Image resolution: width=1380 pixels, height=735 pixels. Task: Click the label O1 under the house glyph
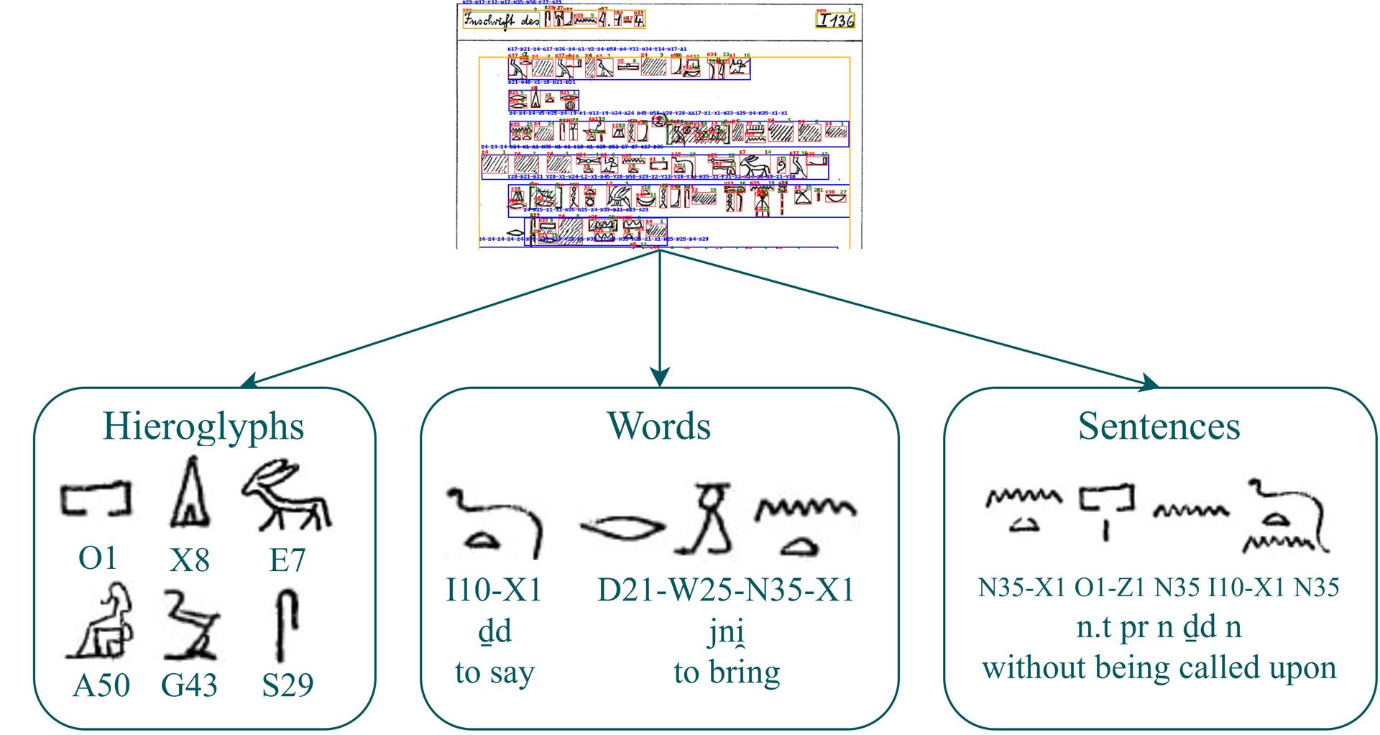click(97, 558)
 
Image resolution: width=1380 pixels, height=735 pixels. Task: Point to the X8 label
click(189, 560)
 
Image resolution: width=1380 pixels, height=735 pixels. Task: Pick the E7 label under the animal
click(287, 560)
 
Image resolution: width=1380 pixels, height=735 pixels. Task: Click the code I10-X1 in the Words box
click(493, 590)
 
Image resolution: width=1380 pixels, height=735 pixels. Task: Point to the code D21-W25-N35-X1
click(726, 590)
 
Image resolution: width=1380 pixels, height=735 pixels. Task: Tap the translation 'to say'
click(494, 672)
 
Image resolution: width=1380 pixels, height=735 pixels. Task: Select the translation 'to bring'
click(727, 672)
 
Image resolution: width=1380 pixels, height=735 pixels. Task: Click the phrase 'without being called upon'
click(1159, 667)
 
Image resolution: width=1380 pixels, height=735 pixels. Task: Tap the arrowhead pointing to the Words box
click(660, 377)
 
